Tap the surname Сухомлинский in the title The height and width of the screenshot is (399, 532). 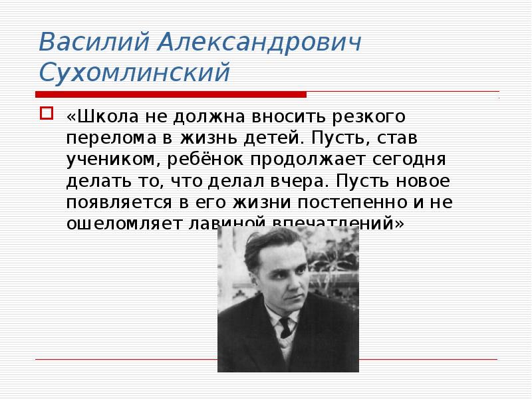point(134,72)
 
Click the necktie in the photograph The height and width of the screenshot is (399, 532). point(285,327)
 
